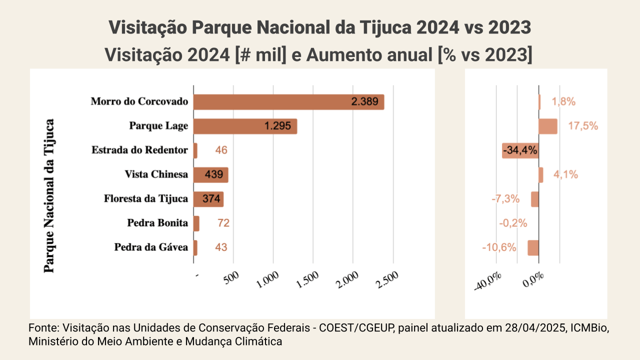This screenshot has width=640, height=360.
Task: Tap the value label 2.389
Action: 367,102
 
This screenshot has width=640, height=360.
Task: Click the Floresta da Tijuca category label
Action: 146,199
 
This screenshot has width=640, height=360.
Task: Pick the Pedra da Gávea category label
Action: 151,247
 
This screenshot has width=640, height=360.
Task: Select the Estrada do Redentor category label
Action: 140,150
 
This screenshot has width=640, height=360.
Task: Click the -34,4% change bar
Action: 520,150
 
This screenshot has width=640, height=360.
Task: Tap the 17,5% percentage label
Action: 583,126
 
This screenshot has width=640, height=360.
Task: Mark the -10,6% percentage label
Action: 499,247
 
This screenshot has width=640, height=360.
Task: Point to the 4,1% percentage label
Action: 565,175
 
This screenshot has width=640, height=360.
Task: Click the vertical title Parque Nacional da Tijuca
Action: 49,195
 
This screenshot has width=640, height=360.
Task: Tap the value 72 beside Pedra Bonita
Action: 223,223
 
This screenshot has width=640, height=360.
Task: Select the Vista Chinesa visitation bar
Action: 210,175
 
